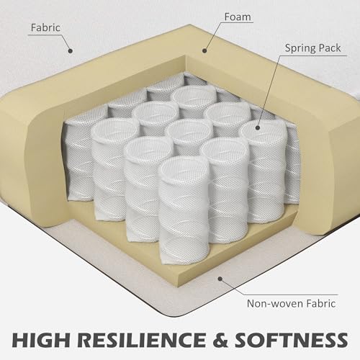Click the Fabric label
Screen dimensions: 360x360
(x=45, y=27)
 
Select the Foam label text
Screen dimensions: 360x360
(x=238, y=17)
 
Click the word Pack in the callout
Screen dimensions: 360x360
(x=329, y=48)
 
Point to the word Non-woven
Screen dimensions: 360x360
(x=272, y=304)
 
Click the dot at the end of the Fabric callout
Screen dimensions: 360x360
(x=71, y=50)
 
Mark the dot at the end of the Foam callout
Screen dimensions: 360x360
(x=204, y=50)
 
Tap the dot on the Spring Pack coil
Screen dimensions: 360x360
(x=258, y=127)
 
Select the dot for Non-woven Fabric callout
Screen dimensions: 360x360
(x=220, y=279)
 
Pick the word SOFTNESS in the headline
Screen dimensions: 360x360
(x=292, y=340)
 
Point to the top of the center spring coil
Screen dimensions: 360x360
(x=189, y=132)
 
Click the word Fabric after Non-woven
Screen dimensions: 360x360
(x=318, y=304)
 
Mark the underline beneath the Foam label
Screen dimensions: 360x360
(x=236, y=23)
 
